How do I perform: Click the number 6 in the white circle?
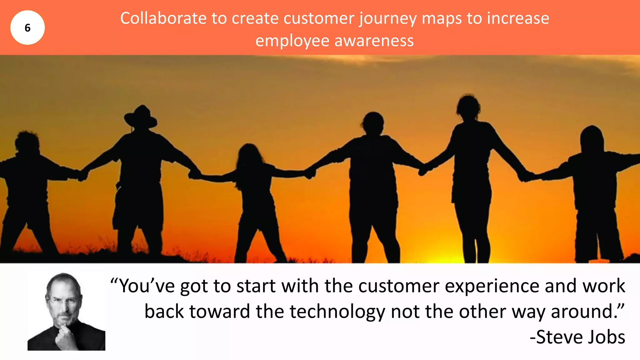pyautogui.click(x=27, y=28)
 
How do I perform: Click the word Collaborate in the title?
pyautogui.click(x=163, y=18)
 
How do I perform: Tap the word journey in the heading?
pyautogui.click(x=387, y=19)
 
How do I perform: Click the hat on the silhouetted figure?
pyautogui.click(x=141, y=116)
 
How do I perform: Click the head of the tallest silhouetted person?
pyautogui.click(x=468, y=106)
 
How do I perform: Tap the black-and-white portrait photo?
pyautogui.click(x=66, y=312)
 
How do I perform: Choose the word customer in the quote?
pyautogui.click(x=399, y=286)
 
